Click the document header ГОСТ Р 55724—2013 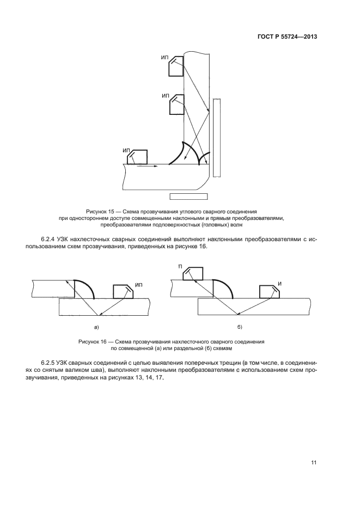(x=287, y=37)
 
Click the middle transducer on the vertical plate (x=176, y=105)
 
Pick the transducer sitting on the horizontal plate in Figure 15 (x=137, y=157)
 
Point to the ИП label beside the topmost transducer (x=164, y=57)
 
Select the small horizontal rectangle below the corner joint (x=188, y=197)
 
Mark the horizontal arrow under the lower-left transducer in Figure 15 (x=146, y=167)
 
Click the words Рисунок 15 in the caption (x=100, y=211)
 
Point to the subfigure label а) (x=96, y=327)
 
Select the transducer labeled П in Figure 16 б (x=192, y=273)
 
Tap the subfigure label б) (x=240, y=327)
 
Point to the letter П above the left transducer (x=180, y=265)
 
